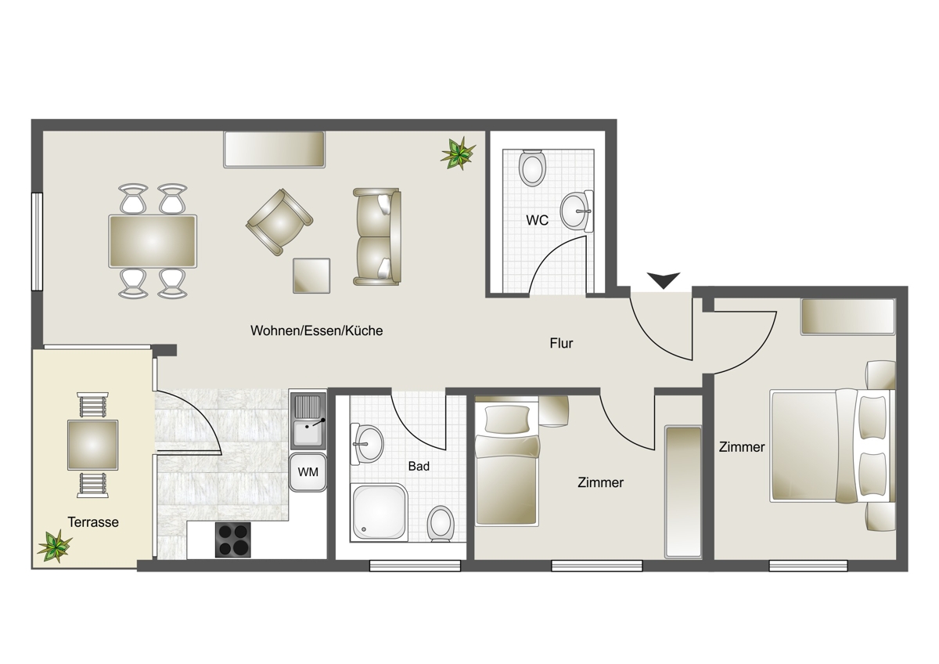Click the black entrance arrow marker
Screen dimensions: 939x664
(664, 280)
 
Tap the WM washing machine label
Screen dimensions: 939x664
(308, 472)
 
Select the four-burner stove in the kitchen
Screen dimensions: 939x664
(232, 539)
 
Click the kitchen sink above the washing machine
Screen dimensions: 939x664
(308, 420)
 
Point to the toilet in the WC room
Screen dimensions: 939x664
(532, 168)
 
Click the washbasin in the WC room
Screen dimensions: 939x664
(577, 211)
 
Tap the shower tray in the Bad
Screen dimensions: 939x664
(379, 512)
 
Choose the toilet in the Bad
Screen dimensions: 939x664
(441, 524)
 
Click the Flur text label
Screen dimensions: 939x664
(561, 343)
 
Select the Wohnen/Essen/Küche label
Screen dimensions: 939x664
(316, 330)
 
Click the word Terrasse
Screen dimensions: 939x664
(93, 521)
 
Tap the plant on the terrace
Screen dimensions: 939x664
(55, 546)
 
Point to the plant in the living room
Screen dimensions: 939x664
(459, 153)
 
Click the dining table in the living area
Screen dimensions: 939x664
(153, 241)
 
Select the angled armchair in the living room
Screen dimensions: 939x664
(279, 222)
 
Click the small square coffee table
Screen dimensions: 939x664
(311, 276)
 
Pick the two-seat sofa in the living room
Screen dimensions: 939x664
(377, 236)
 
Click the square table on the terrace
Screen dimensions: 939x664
(92, 445)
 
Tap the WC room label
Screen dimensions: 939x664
(537, 220)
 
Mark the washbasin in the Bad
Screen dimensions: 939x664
(367, 444)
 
